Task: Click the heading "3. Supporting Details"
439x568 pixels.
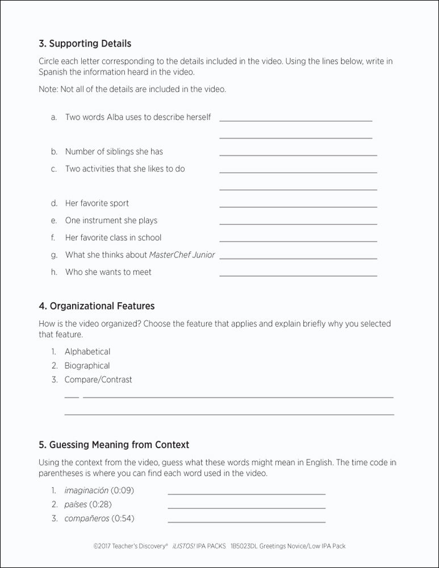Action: click(85, 43)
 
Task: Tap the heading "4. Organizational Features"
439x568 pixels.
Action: click(97, 306)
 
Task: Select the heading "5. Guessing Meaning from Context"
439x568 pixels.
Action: click(114, 445)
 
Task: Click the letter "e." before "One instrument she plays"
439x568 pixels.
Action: click(54, 220)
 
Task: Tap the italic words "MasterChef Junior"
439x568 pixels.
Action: click(182, 255)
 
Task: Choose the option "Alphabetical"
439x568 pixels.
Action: click(87, 352)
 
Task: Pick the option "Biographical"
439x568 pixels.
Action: click(87, 366)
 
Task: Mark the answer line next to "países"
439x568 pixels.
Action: click(246, 507)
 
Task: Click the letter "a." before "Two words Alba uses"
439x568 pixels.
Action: click(54, 117)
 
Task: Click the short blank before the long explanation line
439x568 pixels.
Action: click(72, 396)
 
